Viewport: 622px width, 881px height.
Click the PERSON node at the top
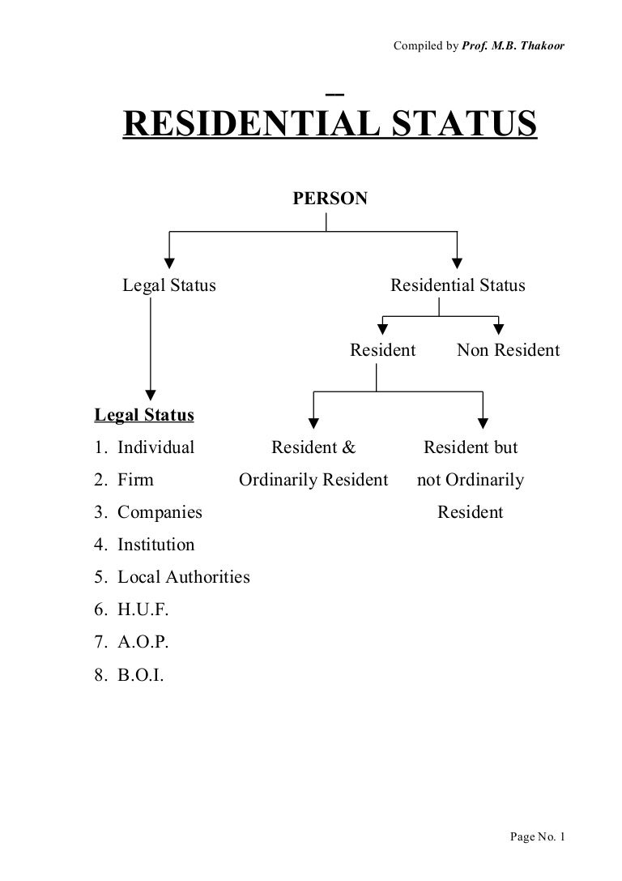(x=330, y=198)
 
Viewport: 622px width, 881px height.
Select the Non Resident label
(x=508, y=350)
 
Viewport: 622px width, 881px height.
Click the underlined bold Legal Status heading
(x=144, y=415)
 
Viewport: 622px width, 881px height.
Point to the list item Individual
(x=155, y=447)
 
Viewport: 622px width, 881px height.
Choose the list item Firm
(x=135, y=480)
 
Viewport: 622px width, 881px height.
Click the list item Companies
(x=160, y=512)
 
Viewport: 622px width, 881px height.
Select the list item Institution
(x=155, y=545)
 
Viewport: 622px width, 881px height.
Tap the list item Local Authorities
(x=183, y=577)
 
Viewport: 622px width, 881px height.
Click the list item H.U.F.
(x=143, y=609)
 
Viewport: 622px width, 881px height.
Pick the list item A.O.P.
(x=143, y=642)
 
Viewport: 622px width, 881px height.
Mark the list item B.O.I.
(x=140, y=674)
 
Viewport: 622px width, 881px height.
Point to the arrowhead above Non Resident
(x=499, y=329)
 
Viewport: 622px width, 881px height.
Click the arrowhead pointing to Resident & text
(x=313, y=421)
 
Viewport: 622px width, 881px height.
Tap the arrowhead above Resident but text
(x=483, y=421)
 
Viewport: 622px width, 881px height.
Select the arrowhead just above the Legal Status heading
(x=150, y=387)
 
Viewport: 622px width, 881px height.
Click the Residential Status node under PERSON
(x=458, y=285)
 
